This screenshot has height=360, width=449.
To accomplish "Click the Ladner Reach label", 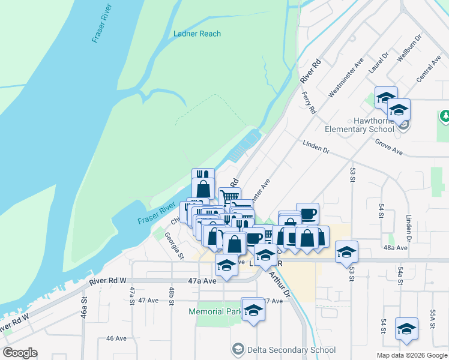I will click(x=197, y=34).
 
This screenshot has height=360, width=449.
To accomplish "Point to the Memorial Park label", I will click(x=214, y=311).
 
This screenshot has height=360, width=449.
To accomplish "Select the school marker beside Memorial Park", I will click(x=253, y=309).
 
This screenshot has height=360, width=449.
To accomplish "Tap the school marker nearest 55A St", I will click(x=406, y=328).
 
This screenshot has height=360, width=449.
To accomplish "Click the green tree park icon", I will click(x=445, y=115).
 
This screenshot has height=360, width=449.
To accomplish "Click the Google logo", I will click(x=20, y=353).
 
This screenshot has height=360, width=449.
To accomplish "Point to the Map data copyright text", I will click(x=411, y=355).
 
